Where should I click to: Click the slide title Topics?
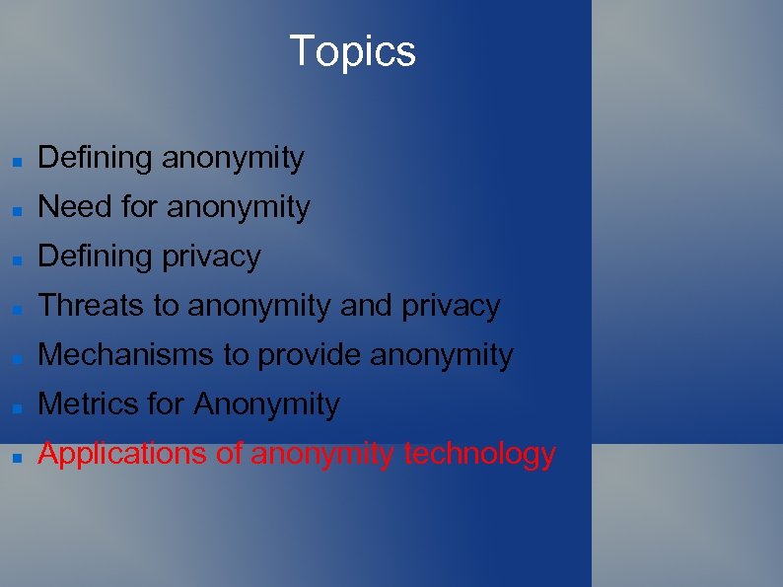[352, 51]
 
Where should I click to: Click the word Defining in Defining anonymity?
[95, 158]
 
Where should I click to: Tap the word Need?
[75, 207]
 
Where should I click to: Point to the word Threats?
[91, 306]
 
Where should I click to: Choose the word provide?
[310, 355]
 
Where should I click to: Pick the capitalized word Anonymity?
[266, 404]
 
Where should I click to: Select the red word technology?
[480, 454]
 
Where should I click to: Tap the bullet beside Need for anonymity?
[17, 209]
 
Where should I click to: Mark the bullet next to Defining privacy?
[17, 258]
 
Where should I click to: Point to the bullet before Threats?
[17, 308]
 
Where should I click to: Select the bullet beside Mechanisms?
[17, 357]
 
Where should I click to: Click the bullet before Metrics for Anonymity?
[17, 406]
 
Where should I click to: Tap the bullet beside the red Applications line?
[17, 456]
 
